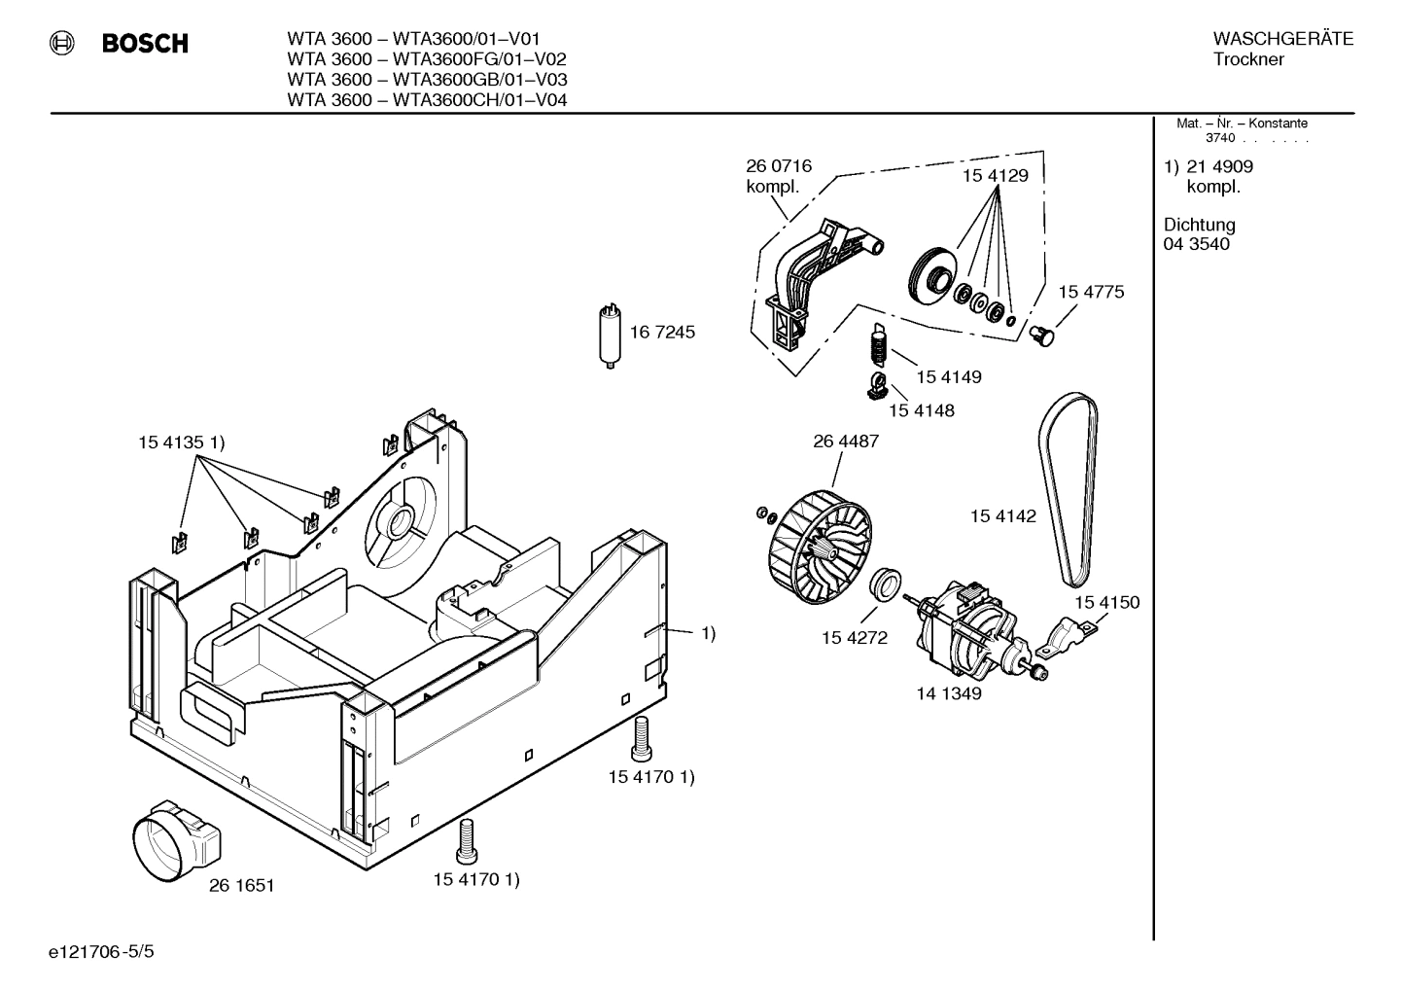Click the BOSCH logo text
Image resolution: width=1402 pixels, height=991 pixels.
[145, 44]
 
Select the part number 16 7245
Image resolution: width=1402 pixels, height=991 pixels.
[662, 333]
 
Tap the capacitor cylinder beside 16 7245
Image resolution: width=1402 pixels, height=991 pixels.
[610, 336]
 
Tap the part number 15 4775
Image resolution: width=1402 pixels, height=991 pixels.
[1091, 292]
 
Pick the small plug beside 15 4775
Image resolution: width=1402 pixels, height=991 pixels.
[1043, 335]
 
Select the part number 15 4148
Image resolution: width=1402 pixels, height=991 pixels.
[921, 410]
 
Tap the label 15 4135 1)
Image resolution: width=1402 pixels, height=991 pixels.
[181, 443]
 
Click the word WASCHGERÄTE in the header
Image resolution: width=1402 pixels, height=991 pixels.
[1282, 39]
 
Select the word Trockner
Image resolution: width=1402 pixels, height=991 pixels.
[1248, 59]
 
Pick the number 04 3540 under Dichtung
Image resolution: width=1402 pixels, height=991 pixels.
[1196, 244]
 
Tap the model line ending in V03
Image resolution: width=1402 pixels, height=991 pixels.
[427, 80]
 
